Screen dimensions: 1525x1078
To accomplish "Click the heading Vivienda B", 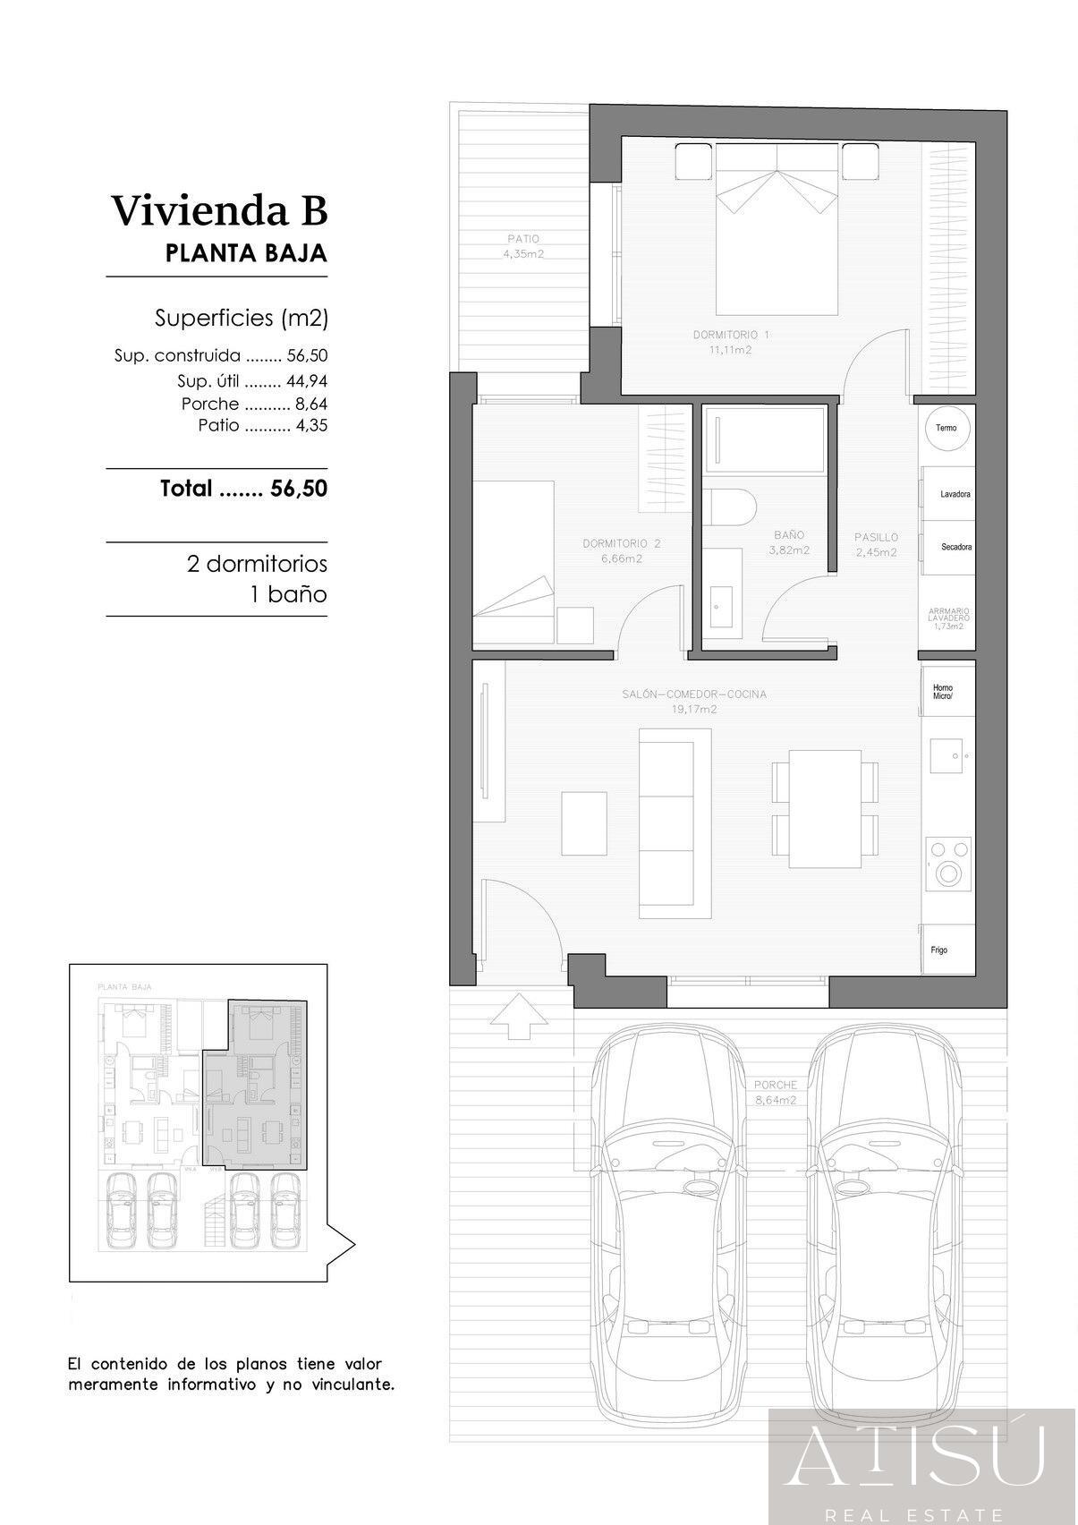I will (x=219, y=211).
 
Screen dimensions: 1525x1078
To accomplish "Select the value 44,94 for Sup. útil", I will (x=306, y=381).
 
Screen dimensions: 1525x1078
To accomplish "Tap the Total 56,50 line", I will (x=243, y=489).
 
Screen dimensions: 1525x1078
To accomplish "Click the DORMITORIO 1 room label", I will (x=731, y=342).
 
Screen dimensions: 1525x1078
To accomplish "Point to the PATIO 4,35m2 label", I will (x=523, y=246).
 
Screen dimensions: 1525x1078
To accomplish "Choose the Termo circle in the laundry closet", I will (x=946, y=429).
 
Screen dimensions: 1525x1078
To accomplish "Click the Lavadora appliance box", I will (x=948, y=494).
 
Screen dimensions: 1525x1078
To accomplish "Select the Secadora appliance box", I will (x=948, y=547).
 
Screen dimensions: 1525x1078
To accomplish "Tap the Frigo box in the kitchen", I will (x=946, y=950).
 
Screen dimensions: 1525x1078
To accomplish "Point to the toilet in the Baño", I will (x=729, y=507).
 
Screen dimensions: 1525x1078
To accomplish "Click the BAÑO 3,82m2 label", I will (x=789, y=542).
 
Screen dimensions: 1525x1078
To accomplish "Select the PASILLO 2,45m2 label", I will (x=876, y=544).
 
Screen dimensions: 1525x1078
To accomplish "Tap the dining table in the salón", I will (x=825, y=808).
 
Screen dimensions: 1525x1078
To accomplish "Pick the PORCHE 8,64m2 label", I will (x=775, y=1093).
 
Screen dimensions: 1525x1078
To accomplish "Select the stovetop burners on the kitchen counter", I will (x=948, y=862).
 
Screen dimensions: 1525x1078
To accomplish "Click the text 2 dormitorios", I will (x=257, y=565).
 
